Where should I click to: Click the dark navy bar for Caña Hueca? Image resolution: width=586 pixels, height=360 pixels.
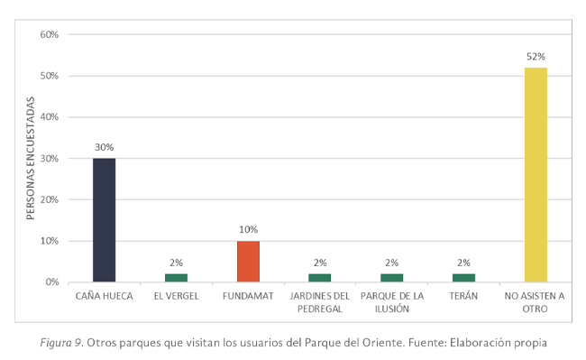coord(104,219)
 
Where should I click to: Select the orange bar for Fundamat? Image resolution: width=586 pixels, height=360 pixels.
coord(248,261)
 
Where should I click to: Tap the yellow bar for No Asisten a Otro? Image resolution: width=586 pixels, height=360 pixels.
coord(536,174)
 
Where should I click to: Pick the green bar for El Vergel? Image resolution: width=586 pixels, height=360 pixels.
coord(176,277)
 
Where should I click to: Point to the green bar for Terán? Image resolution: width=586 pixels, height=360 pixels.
coord(463,277)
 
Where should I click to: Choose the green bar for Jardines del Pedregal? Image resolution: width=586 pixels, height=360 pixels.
coord(320,277)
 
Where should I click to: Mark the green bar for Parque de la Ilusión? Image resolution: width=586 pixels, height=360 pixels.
coord(391,277)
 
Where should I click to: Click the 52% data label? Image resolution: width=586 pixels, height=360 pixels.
coord(536,56)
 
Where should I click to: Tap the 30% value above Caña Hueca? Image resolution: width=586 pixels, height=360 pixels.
coord(104,147)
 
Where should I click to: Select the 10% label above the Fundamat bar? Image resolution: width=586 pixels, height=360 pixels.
coord(248,229)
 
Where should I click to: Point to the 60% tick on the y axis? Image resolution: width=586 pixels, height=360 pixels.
coord(49,34)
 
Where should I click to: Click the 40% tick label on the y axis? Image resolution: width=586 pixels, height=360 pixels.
coord(49,117)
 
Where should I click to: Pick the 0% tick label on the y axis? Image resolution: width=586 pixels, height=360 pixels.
coord(51,282)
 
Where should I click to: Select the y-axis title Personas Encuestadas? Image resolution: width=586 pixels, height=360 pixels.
coord(30,159)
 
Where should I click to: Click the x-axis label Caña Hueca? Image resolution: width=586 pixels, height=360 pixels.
coord(104,296)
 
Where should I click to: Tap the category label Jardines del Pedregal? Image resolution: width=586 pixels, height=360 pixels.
coord(320,301)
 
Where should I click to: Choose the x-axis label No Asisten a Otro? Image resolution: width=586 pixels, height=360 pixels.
coord(536,301)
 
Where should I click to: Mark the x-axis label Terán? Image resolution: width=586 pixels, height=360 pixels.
coord(463,296)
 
